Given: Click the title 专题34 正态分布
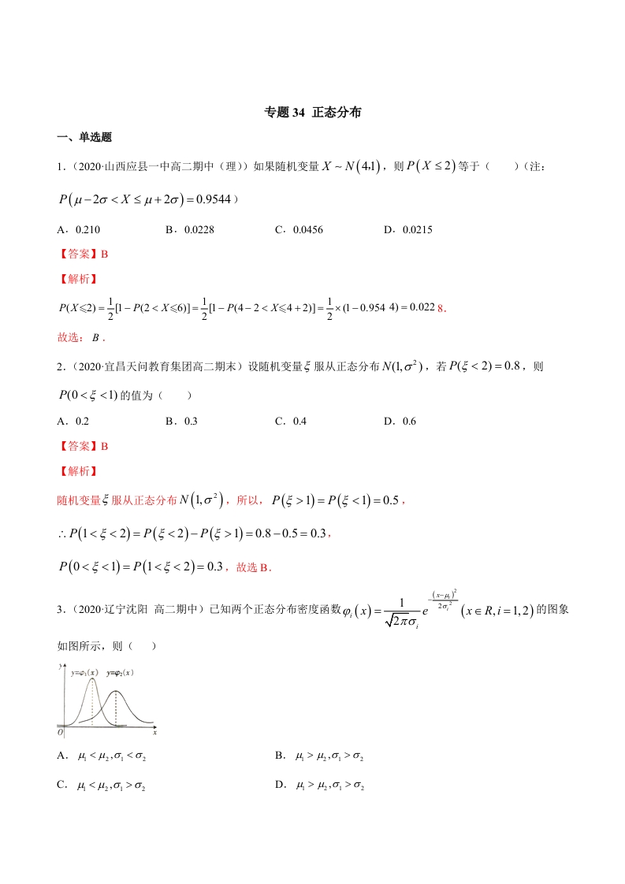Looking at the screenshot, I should point(313,113).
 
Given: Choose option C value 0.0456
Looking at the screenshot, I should point(308,229).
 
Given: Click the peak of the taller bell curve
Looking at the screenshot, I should point(93,678).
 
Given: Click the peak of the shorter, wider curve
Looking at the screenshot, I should point(116,692).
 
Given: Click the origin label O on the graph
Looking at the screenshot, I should point(61,733).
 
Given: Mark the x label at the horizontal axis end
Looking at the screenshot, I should point(154,733).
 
